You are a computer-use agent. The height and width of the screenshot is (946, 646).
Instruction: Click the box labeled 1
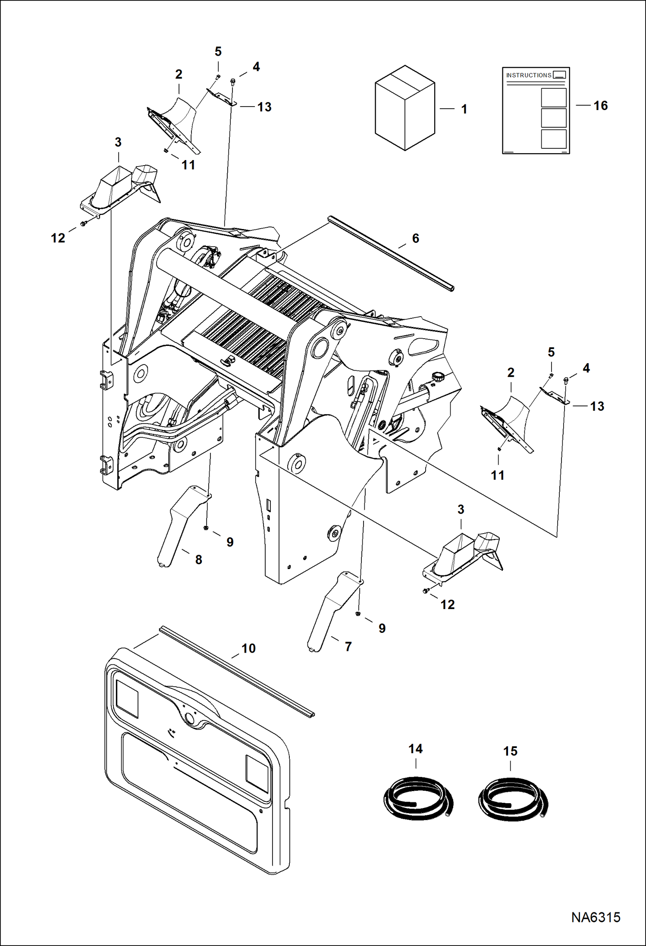(405, 109)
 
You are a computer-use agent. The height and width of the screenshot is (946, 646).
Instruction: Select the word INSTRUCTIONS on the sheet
(528, 75)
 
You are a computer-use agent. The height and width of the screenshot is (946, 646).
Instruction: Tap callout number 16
(600, 106)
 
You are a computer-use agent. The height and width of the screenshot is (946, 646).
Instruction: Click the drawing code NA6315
(596, 917)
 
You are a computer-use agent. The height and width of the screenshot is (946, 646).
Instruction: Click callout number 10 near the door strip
(248, 648)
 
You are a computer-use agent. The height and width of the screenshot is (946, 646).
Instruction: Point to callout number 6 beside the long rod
(415, 239)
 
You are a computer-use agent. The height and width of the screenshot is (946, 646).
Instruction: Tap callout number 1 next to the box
(464, 109)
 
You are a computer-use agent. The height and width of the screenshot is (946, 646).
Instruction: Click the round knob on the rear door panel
(189, 718)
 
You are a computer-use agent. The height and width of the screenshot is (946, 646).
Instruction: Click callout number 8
(198, 560)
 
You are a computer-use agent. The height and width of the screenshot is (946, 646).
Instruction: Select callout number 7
(348, 647)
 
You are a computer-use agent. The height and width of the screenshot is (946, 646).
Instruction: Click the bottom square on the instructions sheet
(553, 139)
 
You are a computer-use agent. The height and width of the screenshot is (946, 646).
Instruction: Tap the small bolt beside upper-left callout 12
(83, 223)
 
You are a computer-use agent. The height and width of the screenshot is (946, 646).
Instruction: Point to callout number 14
(415, 749)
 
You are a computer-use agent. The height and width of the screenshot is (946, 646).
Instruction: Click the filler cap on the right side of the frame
(438, 377)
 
